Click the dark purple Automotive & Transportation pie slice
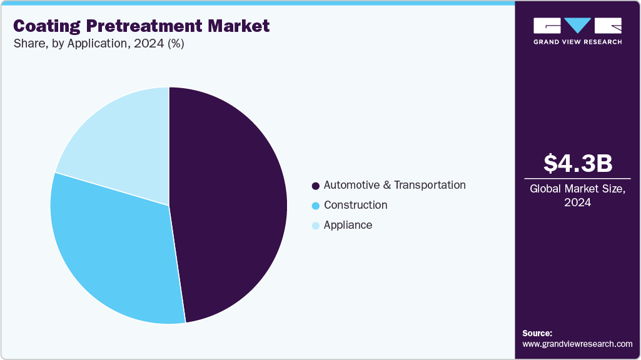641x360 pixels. [231, 200]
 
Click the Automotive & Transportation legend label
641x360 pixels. [395, 185]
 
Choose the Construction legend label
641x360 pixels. [355, 205]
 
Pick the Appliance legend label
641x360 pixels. [348, 225]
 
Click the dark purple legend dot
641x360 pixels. [316, 186]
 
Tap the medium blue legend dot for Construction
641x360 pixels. [316, 206]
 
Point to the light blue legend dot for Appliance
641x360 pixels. [316, 226]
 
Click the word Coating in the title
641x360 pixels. [47, 26]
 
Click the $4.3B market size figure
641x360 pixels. [577, 164]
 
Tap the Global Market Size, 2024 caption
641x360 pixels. [577, 195]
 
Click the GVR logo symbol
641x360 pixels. [577, 26]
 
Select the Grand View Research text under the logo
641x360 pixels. [577, 42]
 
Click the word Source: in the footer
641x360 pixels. [537, 333]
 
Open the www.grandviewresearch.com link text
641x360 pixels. [577, 344]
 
